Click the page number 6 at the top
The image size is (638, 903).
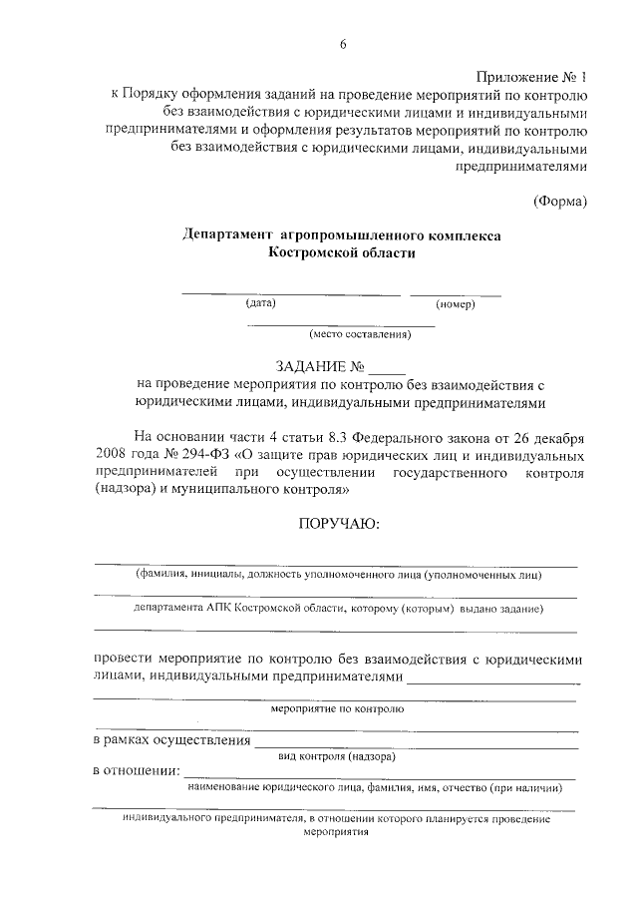pos(341,44)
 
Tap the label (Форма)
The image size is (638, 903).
pos(560,201)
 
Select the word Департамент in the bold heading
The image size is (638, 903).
pos(228,234)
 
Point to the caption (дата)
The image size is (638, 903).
pos(261,302)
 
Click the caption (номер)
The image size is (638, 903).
pos(455,303)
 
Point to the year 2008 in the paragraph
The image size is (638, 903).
pos(113,455)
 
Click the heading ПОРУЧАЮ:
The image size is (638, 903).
pos(340,524)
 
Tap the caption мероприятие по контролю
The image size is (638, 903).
pos(337,709)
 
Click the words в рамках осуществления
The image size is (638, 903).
pos(170,741)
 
